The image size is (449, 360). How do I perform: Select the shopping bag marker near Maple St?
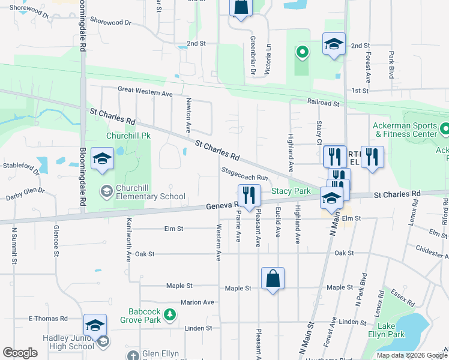273,279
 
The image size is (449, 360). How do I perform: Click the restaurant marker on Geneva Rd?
249,196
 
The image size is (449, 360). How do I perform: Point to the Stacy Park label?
291,191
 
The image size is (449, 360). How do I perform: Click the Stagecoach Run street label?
245,178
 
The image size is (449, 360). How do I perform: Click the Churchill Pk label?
127,136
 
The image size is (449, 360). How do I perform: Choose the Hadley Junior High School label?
68,342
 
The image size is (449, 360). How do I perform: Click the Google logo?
20,353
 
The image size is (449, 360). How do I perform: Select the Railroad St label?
324,103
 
